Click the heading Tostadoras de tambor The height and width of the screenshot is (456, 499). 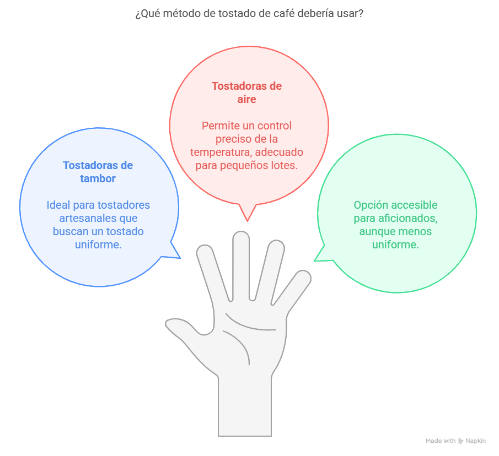click(x=98, y=172)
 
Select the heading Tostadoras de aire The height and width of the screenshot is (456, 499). click(x=246, y=93)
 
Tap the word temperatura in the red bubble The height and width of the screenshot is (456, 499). click(x=220, y=152)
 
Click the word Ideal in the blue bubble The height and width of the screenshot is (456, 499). click(x=58, y=205)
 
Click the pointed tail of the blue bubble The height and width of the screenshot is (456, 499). click(x=180, y=258)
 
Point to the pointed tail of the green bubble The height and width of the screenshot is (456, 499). click(x=315, y=260)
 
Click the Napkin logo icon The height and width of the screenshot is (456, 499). click(x=460, y=441)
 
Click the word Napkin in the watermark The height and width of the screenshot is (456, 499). click(x=475, y=441)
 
